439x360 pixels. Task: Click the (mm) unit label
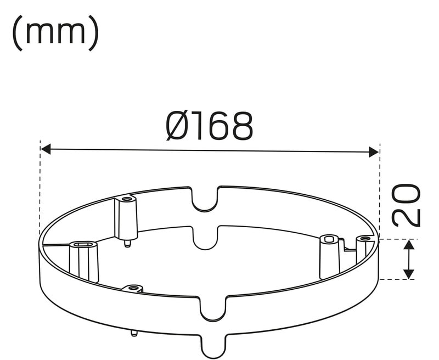56,33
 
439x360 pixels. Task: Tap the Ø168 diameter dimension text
210,126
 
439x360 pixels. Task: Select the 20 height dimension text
406,205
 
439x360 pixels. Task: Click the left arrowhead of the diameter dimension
46,149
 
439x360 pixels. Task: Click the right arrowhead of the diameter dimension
374,152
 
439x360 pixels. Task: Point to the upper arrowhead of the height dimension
409,245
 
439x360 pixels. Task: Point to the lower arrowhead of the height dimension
409,274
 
